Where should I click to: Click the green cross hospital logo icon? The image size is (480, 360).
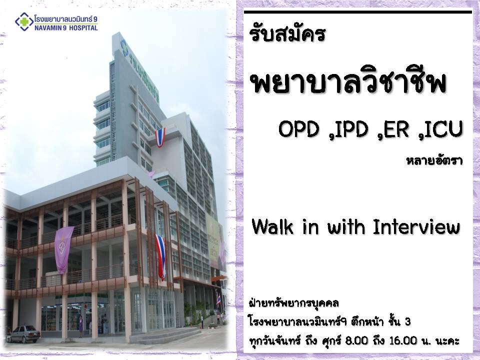[24, 21]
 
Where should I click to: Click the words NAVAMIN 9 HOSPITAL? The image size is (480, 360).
[66, 28]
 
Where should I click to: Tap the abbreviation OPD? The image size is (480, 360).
[299, 129]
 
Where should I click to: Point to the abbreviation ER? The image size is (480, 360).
[396, 129]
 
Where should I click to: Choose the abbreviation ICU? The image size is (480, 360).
[442, 129]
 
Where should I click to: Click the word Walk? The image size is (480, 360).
[272, 227]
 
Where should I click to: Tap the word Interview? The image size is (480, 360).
[416, 227]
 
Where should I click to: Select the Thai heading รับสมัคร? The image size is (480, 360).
[287, 33]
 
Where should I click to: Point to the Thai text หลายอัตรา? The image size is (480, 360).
[434, 160]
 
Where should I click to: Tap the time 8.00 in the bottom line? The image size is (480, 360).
[356, 340]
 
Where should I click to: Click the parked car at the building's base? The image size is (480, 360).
[23, 334]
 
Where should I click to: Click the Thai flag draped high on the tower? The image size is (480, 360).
[160, 137]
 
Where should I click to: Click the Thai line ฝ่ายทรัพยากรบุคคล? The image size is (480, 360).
[293, 303]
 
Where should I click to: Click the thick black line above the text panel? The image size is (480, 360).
[358, 12]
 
